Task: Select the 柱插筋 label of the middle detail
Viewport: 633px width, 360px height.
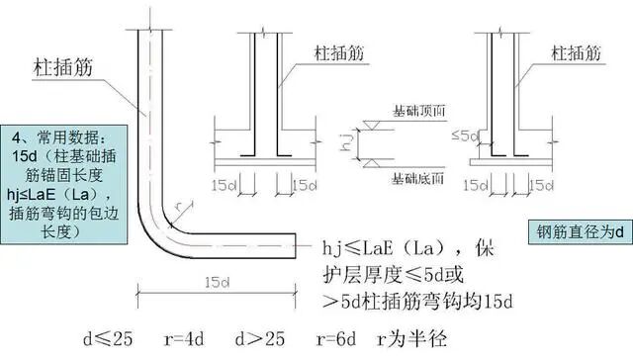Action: [x=336, y=47]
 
